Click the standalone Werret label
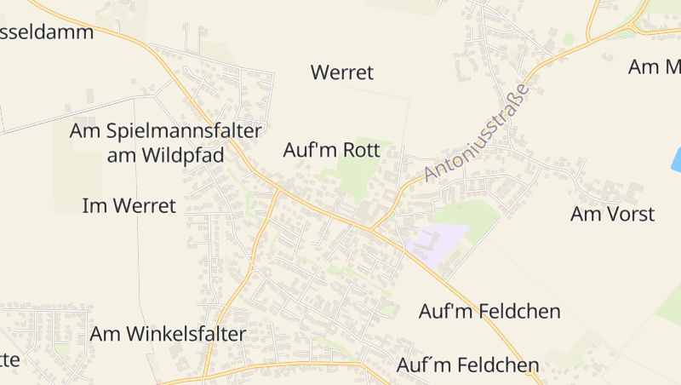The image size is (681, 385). pyautogui.click(x=342, y=72)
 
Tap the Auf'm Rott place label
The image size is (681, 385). pyautogui.click(x=330, y=151)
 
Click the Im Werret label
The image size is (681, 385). pyautogui.click(x=129, y=205)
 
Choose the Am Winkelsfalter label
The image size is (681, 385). pyautogui.click(x=168, y=334)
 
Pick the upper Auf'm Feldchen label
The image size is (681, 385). pyautogui.click(x=489, y=312)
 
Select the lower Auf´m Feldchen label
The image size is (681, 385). pyautogui.click(x=468, y=365)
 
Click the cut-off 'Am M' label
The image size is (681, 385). pyautogui.click(x=655, y=66)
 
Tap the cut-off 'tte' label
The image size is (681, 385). pyautogui.click(x=9, y=359)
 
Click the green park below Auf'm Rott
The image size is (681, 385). pyautogui.click(x=358, y=175)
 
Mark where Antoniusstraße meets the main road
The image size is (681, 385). pyautogui.click(x=372, y=228)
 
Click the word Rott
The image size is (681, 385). pyautogui.click(x=361, y=151)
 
